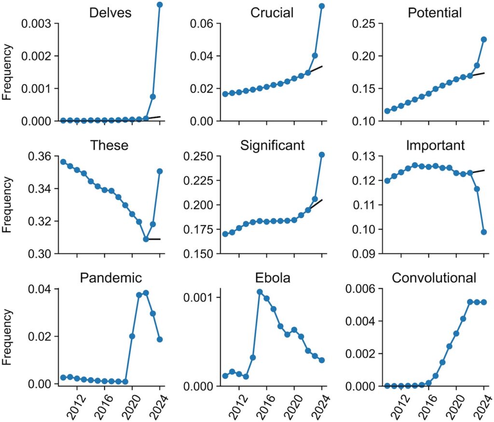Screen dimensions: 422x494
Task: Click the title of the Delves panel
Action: click(110, 13)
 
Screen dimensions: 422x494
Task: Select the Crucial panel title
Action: click(272, 13)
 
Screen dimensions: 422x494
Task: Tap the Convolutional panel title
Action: click(434, 278)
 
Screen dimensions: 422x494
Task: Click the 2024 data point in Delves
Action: click(160, 5)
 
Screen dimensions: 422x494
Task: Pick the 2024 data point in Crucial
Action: click(322, 6)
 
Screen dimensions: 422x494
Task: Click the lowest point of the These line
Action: click(146, 239)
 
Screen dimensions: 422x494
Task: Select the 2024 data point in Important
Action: click(484, 232)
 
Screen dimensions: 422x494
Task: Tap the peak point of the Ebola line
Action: click(260, 292)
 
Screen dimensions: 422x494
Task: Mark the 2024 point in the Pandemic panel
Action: click(160, 339)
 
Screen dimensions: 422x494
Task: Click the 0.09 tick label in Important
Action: click(362, 253)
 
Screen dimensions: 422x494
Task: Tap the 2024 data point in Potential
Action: click(484, 40)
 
